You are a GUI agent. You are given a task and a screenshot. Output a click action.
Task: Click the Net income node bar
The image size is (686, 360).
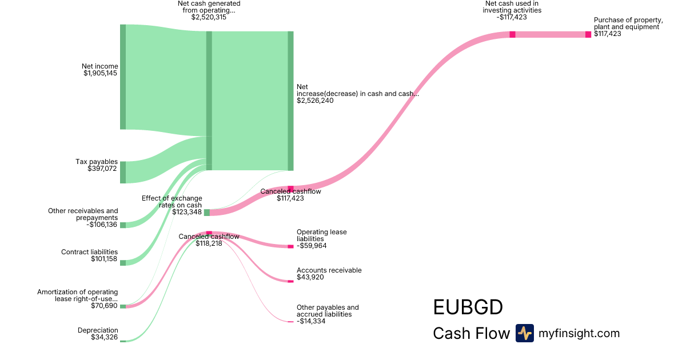pyautogui.click(x=123, y=77)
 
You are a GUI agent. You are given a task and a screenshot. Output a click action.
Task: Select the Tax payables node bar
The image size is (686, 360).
pyautogui.click(x=123, y=172)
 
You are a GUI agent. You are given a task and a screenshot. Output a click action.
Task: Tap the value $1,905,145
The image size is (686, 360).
pyautogui.click(x=101, y=73)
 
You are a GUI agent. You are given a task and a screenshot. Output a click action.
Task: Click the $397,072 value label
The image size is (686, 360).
pyautogui.click(x=102, y=169)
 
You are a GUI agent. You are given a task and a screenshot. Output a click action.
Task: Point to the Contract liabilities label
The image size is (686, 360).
pyautogui.click(x=90, y=252)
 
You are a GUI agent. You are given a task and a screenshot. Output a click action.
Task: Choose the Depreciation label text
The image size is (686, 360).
pyautogui.click(x=98, y=330)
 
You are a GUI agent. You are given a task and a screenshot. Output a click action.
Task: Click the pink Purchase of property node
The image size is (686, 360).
pyautogui.click(x=588, y=34)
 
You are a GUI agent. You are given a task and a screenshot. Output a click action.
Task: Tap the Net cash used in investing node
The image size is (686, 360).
pyautogui.click(x=512, y=34)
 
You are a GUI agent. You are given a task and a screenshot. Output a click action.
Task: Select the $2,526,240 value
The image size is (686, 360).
pyautogui.click(x=315, y=101)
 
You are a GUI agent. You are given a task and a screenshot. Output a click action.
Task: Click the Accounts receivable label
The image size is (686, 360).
pyautogui.click(x=329, y=270)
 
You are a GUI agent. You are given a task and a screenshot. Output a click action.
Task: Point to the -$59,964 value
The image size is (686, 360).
pyautogui.click(x=313, y=246)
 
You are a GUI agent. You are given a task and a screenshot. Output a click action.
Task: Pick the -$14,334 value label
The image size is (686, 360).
pyautogui.click(x=313, y=321)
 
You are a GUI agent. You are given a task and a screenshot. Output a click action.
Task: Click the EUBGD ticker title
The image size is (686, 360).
pyautogui.click(x=468, y=307)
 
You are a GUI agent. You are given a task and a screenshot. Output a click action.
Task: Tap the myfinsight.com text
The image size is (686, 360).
pyautogui.click(x=579, y=333)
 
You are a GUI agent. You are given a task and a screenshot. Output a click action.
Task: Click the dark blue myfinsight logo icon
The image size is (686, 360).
pyautogui.click(x=524, y=333)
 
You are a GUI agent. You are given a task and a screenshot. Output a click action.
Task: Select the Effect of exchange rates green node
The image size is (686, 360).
pyautogui.click(x=207, y=213)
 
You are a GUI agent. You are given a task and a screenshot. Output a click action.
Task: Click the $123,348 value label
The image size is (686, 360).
pyautogui.click(x=187, y=212)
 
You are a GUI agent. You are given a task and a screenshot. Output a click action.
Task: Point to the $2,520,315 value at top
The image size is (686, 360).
pyautogui.click(x=209, y=17)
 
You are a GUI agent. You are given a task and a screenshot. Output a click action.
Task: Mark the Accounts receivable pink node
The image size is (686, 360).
pyautogui.click(x=290, y=281)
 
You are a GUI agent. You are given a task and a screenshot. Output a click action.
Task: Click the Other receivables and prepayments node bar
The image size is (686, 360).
pyautogui.click(x=123, y=225)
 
